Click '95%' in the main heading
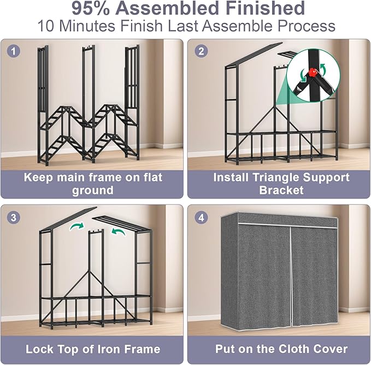88,9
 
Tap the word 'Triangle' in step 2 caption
284,177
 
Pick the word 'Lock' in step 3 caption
40,349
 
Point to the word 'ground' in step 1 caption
92,190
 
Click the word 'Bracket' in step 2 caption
281,190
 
